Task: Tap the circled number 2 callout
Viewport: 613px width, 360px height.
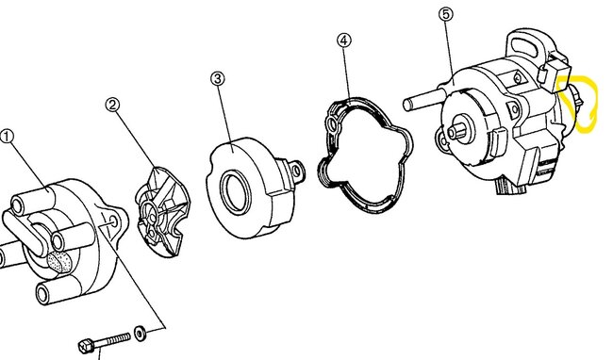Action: [113, 106]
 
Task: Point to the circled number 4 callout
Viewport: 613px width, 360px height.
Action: [344, 41]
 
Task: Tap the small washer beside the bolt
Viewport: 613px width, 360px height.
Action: [140, 333]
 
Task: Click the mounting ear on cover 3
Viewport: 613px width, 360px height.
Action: [298, 171]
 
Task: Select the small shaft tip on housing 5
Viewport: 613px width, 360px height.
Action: [454, 133]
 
